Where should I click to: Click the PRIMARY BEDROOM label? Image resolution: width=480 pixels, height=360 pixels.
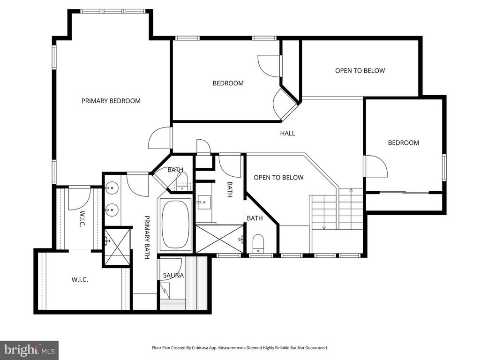tap(111, 100)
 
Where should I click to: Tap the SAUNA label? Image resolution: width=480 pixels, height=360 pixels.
tap(173, 275)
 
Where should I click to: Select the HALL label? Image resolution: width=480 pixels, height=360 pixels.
tap(287, 133)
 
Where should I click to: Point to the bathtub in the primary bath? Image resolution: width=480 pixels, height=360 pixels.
tap(176, 225)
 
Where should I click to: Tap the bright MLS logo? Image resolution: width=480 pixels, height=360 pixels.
tap(29, 350)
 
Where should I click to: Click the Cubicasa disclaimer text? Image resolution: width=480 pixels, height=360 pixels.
tap(240, 348)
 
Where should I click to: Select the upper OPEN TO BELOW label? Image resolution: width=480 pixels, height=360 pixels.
tap(360, 71)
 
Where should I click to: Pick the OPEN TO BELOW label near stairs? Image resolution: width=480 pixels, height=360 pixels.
tap(278, 178)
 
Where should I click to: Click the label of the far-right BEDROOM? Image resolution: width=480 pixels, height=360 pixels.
tap(403, 143)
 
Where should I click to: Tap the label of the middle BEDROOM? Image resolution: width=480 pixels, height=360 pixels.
tap(228, 83)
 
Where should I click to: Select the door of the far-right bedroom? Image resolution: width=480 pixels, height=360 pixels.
tap(376, 166)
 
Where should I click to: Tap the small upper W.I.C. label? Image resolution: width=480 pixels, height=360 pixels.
tap(82, 219)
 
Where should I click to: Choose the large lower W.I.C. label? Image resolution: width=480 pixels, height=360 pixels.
tap(80, 280)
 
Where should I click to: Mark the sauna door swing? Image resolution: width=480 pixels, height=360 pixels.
tap(172, 266)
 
